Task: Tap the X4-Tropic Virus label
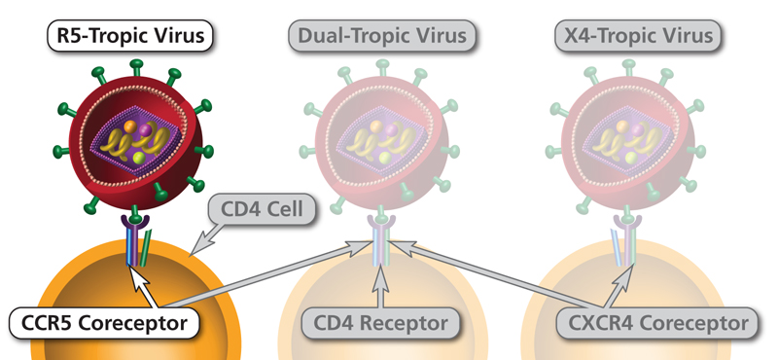tap(639, 37)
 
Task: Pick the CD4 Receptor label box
tap(375, 322)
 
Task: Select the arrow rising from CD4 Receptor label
tap(375, 287)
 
